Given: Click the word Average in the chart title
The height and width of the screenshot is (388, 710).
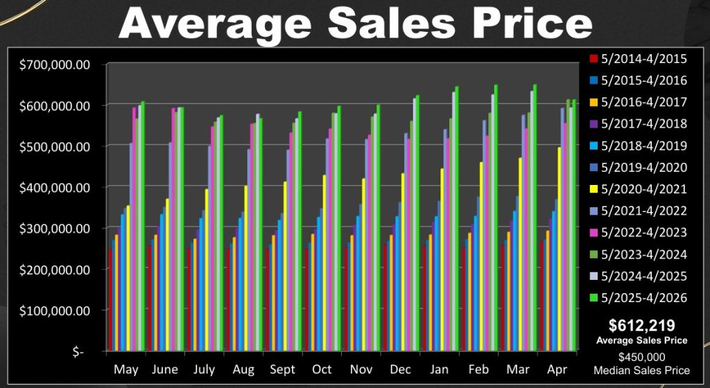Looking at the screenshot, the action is (216, 23).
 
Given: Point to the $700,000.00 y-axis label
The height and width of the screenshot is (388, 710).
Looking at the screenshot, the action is (55, 64).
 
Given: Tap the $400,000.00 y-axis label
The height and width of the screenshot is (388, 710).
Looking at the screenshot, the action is (55, 187).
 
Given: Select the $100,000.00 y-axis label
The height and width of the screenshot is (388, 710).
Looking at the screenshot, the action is (55, 310).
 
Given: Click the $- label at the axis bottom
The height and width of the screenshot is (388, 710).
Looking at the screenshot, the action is (78, 351).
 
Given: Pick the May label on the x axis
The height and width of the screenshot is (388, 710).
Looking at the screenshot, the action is (126, 369).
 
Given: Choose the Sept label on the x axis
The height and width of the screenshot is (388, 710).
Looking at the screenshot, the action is (283, 369).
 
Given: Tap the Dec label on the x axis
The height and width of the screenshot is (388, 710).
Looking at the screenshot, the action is (400, 369).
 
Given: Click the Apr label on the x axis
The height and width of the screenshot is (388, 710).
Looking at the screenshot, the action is (557, 369).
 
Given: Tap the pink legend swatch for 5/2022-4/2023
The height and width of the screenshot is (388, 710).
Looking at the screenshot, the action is (594, 233).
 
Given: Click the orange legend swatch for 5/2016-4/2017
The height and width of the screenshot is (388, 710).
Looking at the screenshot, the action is (594, 103).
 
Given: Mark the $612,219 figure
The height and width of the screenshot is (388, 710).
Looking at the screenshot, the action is (641, 325).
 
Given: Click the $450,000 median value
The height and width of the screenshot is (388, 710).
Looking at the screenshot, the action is (641, 358).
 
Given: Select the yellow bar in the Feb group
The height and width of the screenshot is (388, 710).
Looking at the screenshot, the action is (482, 256).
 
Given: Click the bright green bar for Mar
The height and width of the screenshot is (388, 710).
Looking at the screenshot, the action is (535, 218).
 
